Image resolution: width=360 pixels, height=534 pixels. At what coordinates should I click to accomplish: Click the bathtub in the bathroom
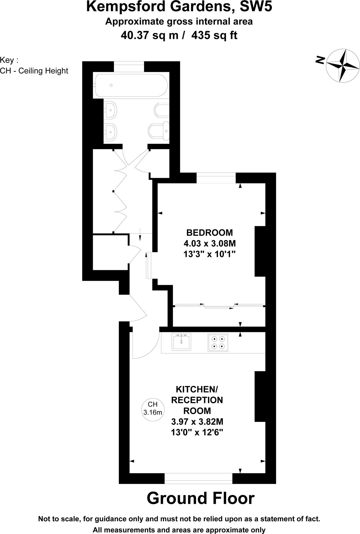(x=131, y=85)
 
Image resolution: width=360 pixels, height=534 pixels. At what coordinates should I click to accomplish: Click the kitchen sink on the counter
(x=181, y=342)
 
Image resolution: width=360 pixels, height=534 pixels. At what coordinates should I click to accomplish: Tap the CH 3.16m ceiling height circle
(x=153, y=408)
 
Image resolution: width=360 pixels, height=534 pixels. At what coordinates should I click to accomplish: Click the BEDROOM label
(x=209, y=232)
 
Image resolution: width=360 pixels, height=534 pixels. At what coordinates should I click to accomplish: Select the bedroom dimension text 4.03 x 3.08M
(x=210, y=244)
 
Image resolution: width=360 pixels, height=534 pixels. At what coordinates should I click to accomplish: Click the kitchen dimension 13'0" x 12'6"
(x=197, y=433)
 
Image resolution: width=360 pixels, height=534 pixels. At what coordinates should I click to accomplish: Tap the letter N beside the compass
(x=320, y=60)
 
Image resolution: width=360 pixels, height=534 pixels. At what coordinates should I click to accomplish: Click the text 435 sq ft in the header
(x=214, y=35)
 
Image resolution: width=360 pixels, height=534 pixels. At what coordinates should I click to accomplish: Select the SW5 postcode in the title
(x=256, y=7)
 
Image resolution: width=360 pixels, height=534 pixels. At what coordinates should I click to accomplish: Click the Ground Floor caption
(x=200, y=498)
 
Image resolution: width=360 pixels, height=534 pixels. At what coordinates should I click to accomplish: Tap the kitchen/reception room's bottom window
(x=198, y=478)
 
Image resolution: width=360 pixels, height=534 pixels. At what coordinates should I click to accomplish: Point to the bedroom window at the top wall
(x=216, y=178)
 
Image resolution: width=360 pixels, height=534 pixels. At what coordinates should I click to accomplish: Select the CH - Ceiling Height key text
(x=34, y=71)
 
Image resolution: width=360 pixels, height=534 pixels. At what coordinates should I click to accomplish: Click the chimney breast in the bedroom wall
(x=260, y=251)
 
